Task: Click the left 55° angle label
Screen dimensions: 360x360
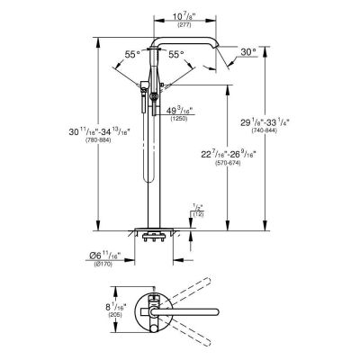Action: (132, 55)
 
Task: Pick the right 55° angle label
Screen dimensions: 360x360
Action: (177, 55)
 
